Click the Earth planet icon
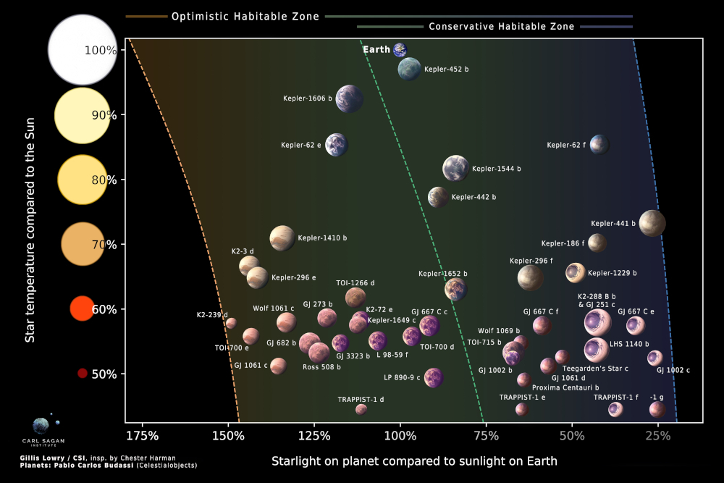tap(400, 50)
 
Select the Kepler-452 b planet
tap(409, 70)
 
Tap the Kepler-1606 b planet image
tap(349, 98)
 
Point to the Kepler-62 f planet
tap(599, 145)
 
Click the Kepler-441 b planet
tap(652, 224)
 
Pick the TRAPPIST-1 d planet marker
tap(361, 409)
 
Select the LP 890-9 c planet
tap(433, 377)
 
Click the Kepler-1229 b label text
tap(613, 274)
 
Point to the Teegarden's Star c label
tap(595, 369)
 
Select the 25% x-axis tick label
tap(657, 436)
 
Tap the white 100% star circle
tap(82, 50)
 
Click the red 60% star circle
tap(82, 308)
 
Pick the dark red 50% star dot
tap(83, 374)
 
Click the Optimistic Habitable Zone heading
tap(245, 17)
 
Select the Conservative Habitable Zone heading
tap(501, 27)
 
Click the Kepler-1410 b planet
tap(282, 238)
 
